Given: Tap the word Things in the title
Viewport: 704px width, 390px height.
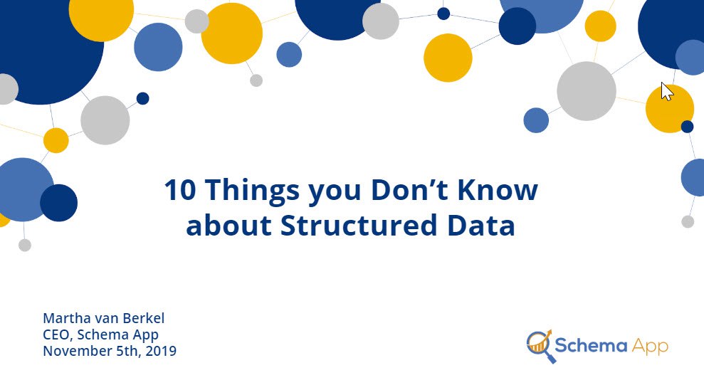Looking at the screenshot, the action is (x=252, y=191).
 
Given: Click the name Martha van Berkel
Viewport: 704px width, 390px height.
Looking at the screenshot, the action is (x=104, y=318).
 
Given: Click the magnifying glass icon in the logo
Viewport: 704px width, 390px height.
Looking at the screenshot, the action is (x=540, y=346).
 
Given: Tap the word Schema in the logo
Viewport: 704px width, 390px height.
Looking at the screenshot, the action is (x=591, y=346).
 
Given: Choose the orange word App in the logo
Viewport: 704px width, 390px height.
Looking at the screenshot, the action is (x=650, y=347).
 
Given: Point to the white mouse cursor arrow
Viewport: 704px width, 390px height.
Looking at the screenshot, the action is (x=667, y=92).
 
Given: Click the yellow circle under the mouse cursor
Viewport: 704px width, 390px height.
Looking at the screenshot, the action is (x=669, y=109).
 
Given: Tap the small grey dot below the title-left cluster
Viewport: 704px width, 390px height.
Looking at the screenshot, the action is (x=25, y=245).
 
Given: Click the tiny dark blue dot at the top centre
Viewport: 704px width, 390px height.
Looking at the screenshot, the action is (x=443, y=14).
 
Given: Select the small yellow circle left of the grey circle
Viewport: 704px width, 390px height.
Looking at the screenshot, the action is (x=56, y=140).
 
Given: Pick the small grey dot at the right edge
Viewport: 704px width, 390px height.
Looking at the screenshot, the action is (x=688, y=221).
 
